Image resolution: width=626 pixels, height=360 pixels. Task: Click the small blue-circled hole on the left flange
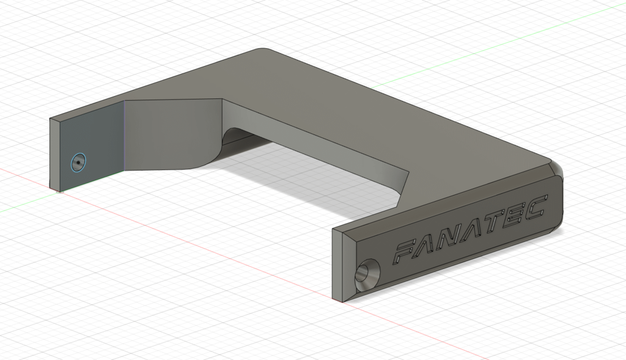(x=78, y=163)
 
